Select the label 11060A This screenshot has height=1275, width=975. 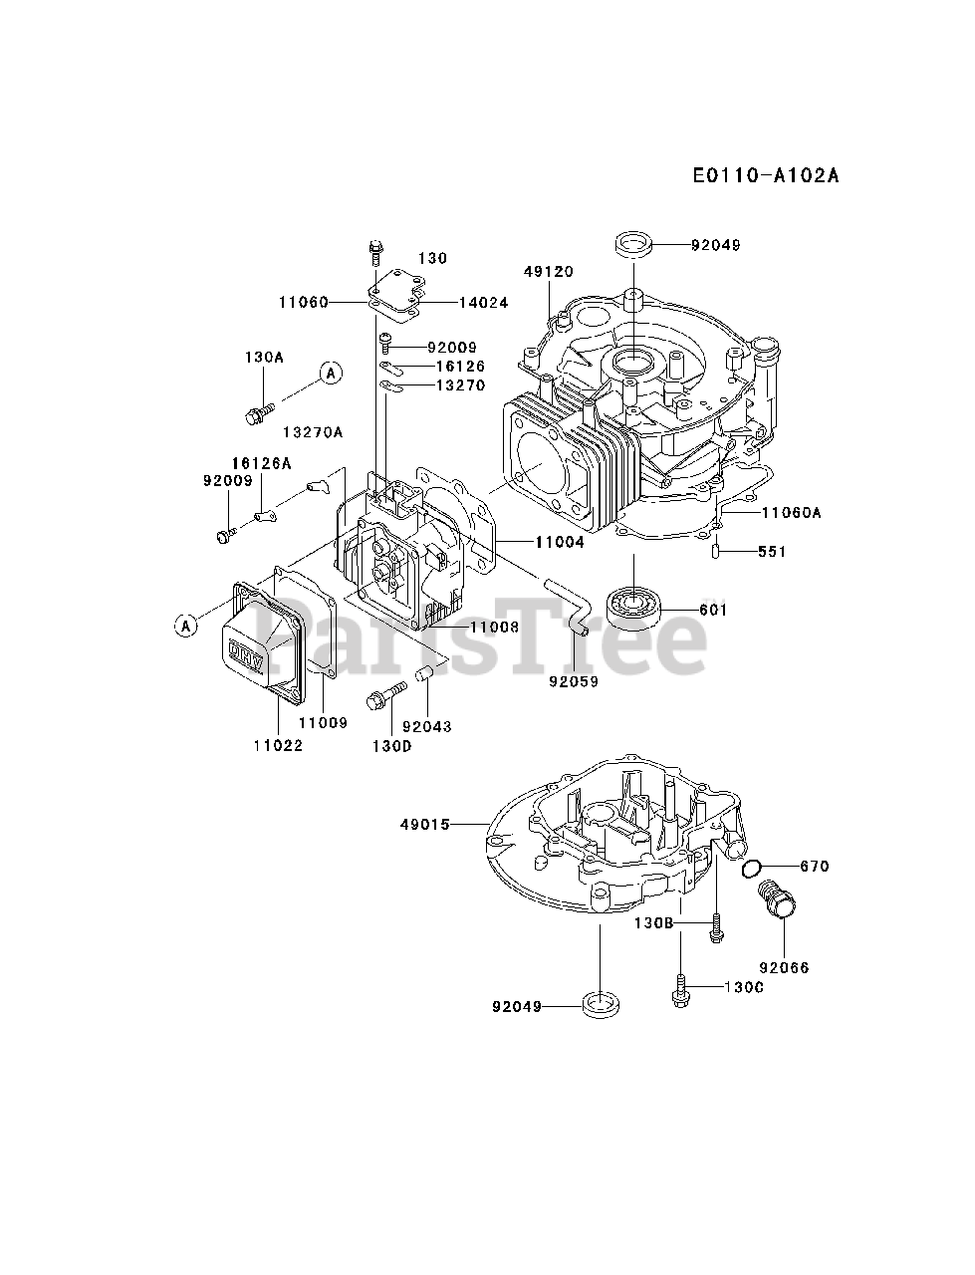tap(792, 513)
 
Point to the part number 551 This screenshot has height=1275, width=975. tap(772, 551)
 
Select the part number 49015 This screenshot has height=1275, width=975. tap(425, 824)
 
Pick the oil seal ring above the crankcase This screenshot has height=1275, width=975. tap(633, 243)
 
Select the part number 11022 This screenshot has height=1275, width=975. tap(277, 744)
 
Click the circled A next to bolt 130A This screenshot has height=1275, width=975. tap(331, 373)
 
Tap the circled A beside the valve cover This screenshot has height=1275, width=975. tap(184, 626)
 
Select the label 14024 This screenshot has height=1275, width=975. tap(483, 302)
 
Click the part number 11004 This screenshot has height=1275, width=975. tap(559, 542)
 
